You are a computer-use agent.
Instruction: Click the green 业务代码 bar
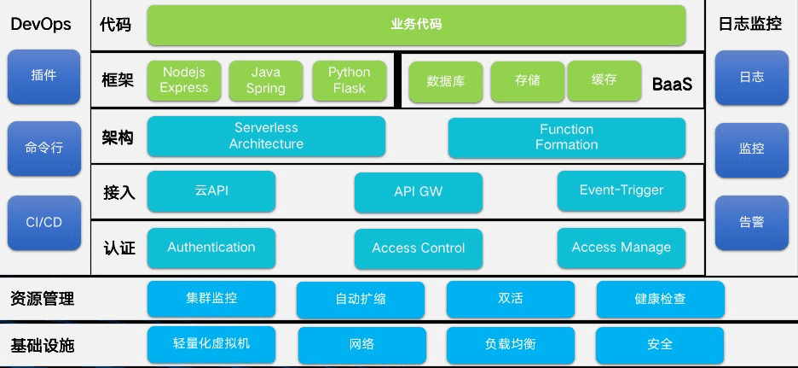(416, 25)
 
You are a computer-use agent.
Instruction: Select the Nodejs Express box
(184, 80)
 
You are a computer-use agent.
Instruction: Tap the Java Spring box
(265, 80)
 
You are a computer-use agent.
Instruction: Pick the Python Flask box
(349, 80)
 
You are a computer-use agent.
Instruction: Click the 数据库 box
(445, 81)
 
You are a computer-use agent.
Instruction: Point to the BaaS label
(672, 85)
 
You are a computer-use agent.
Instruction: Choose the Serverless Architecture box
(266, 137)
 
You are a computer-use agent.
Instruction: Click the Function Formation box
(566, 137)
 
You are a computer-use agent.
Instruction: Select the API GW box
(418, 192)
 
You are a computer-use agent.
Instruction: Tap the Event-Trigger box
(621, 190)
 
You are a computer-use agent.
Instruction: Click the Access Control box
(418, 248)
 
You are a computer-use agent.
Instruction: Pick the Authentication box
(211, 248)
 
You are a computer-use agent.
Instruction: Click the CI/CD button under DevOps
(43, 221)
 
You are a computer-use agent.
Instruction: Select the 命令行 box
(43, 149)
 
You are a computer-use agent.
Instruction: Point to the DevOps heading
(41, 25)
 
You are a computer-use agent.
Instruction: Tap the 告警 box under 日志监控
(751, 221)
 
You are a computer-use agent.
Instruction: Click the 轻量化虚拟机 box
(211, 344)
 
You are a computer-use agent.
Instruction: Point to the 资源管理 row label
(43, 299)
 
